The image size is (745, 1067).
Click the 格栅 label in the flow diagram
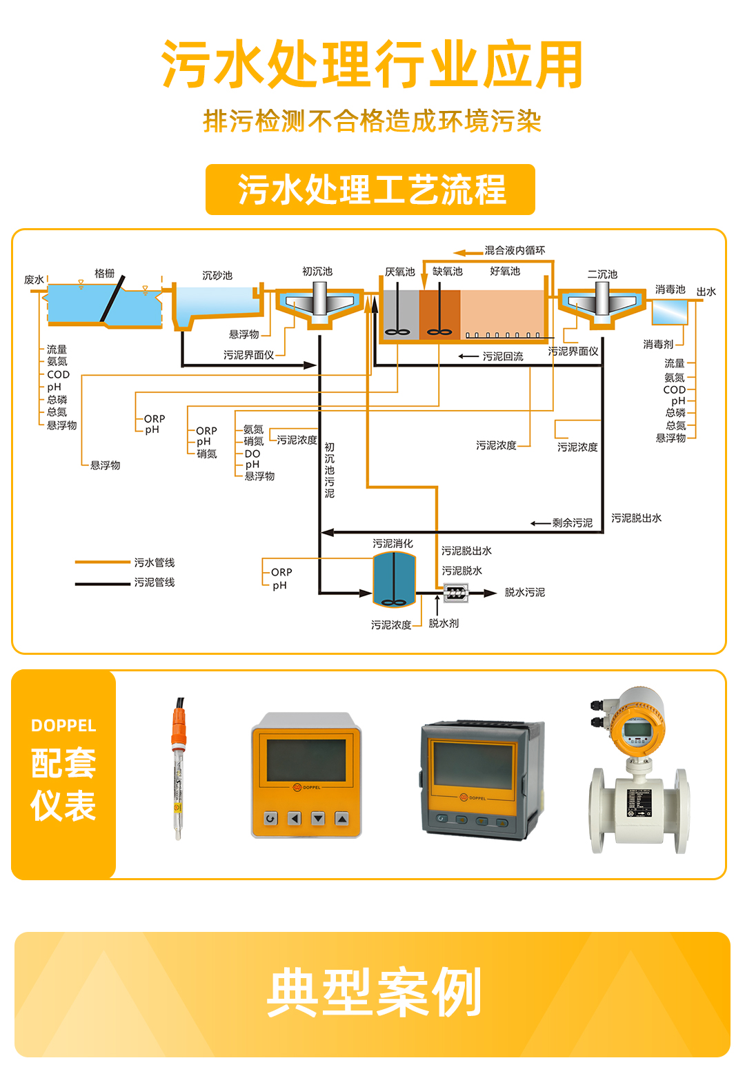105,274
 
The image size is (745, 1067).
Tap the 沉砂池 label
217,276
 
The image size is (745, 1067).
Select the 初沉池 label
317,272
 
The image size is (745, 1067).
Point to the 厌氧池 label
400,272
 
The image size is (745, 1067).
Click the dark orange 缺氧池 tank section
439,314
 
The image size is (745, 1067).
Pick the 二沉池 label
602,274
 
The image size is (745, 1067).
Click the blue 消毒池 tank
670,312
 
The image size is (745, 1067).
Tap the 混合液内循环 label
515,250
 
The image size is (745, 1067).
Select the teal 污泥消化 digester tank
394,580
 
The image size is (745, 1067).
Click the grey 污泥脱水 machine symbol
456,593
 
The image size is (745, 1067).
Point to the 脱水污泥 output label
525,593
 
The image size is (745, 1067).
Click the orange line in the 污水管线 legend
102,563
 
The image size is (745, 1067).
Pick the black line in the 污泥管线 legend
102,584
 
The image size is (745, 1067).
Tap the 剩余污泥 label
573,523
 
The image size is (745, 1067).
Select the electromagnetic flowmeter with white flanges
639,772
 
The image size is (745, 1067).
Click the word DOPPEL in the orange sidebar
63,726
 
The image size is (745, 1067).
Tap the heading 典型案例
373,993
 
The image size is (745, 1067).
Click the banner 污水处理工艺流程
370,190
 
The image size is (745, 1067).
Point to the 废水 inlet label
34,280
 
